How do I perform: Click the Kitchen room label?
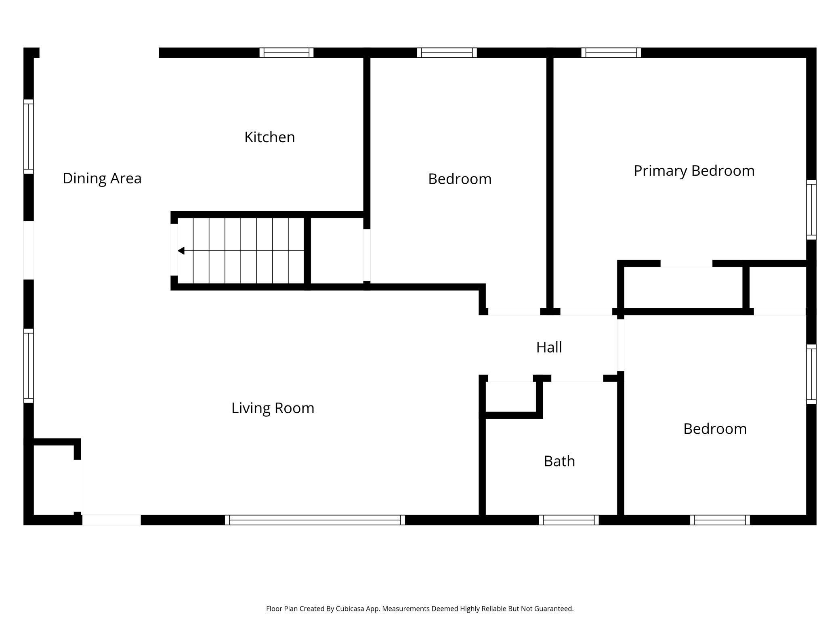pos(269,137)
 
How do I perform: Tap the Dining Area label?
pos(102,178)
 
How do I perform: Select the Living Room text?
pos(273,408)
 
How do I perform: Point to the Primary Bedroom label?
pos(694,171)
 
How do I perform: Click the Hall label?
pos(549,347)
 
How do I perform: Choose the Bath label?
pos(559,461)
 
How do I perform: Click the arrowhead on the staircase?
pos(181,251)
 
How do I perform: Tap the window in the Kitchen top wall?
pos(286,52)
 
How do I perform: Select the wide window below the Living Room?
pos(315,520)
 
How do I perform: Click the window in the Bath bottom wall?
pos(569,520)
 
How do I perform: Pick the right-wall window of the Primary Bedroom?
pos(811,210)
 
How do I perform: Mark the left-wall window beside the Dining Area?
pos(28,136)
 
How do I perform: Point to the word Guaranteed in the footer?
pos(553,609)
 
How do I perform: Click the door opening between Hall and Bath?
pos(577,378)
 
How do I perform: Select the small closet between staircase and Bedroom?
pos(337,251)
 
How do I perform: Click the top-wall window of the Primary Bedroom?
pos(611,52)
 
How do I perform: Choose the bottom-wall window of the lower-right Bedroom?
pos(720,520)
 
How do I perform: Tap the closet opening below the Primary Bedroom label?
pos(686,264)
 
